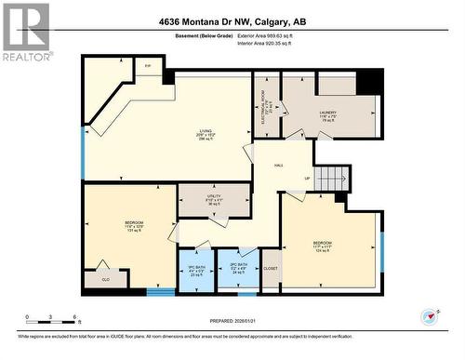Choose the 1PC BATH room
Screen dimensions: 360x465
[x=195, y=269]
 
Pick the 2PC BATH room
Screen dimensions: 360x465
[x=239, y=269]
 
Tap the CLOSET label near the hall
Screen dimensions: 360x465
[x=271, y=269]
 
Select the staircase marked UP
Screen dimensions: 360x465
[x=332, y=178]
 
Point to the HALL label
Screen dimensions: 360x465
[x=278, y=167]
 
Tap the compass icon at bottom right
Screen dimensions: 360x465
[x=429, y=317]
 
